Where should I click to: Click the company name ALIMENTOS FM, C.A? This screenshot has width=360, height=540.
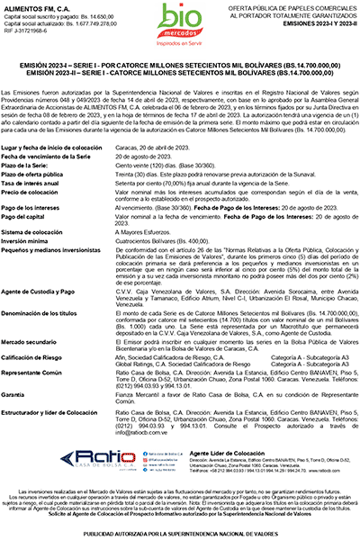tap(36, 7)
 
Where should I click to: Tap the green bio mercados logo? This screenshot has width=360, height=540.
tap(178, 20)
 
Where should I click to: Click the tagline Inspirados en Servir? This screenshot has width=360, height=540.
tap(178, 43)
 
